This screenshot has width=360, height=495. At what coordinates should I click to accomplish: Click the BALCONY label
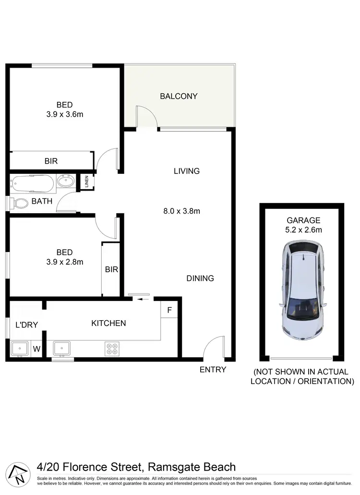pos(179,96)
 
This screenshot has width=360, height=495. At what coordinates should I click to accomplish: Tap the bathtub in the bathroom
pos(32,182)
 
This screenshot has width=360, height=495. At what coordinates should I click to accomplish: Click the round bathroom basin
pos(65,182)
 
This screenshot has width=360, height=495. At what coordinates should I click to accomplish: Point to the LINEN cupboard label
pos(87,182)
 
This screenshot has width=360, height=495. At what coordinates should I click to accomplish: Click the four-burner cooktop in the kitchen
pos(112,349)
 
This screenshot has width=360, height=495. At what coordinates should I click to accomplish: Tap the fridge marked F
pos(169,310)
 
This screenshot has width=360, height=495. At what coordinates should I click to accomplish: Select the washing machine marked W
pos(36,349)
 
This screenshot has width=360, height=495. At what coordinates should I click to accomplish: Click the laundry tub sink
pos(19,349)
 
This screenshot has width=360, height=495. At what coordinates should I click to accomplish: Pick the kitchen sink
pos(61,348)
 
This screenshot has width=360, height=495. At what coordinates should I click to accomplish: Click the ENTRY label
pos(213,369)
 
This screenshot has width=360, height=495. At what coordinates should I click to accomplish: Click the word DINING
pos(200,278)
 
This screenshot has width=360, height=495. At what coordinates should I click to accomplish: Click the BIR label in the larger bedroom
pos(51,161)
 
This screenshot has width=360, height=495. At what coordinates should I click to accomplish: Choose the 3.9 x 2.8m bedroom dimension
pos(64,262)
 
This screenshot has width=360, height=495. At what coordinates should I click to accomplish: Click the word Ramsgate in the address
pos(172,467)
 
